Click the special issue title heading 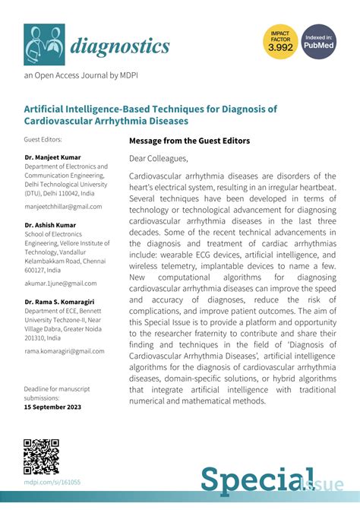pyautogui.click(x=150, y=114)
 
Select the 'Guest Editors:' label pyautogui.click(x=43, y=140)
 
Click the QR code pyautogui.click(x=42, y=457)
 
